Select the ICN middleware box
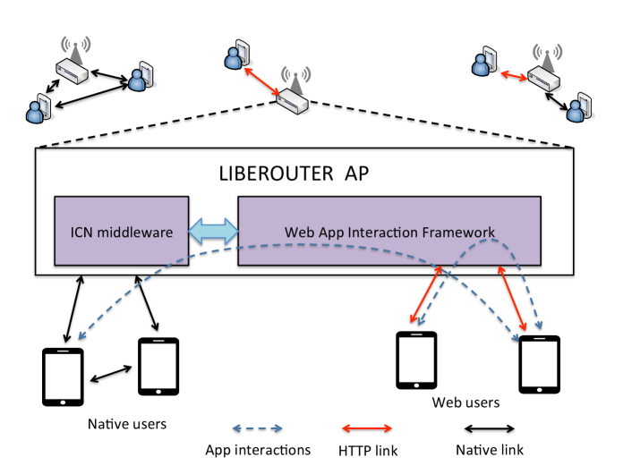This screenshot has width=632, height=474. coord(121,231)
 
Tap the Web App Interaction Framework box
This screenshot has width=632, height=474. coord(389,231)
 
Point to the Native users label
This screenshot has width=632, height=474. coord(126,421)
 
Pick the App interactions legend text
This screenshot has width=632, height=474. coord(258,450)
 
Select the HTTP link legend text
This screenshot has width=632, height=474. coord(368,450)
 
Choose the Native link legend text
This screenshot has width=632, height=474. coord(489,450)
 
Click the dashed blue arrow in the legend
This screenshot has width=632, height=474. coord(258,428)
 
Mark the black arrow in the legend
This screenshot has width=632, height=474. coord(488,428)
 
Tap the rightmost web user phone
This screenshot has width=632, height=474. coord(539,365)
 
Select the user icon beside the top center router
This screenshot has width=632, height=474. coord(235,55)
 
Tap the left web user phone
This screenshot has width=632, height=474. coord(416,360)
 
